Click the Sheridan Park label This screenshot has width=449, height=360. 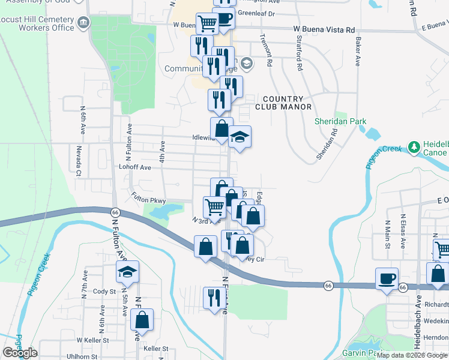340,121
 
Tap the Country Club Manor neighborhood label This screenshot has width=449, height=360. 283,103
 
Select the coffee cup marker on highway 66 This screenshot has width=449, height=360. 387,278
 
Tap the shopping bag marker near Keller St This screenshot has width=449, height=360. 142,319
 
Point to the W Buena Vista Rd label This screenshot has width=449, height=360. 324,29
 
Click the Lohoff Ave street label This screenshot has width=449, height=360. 134,167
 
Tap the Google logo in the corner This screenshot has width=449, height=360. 20,352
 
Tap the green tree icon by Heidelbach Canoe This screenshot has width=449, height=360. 413,146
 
